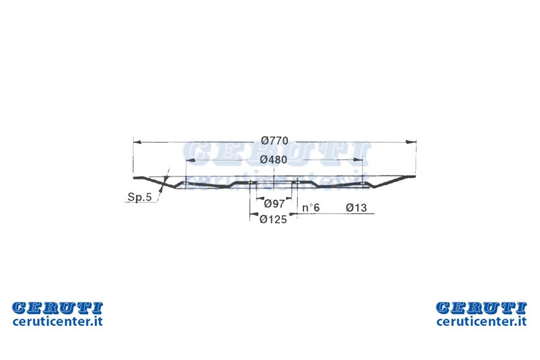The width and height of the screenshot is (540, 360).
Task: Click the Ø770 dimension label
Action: pos(274,140)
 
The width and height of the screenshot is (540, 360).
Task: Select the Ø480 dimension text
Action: pos(274,160)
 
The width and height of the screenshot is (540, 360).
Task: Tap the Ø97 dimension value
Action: pos(274,204)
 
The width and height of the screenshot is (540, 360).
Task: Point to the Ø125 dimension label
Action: pos(274,219)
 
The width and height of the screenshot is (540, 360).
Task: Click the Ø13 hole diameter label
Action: pos(356,207)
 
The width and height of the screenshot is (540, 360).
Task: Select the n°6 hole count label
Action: pos(310,207)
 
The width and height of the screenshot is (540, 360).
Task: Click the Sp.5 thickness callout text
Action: pos(140,197)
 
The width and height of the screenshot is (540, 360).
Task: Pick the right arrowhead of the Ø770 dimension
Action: pos(412,142)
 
